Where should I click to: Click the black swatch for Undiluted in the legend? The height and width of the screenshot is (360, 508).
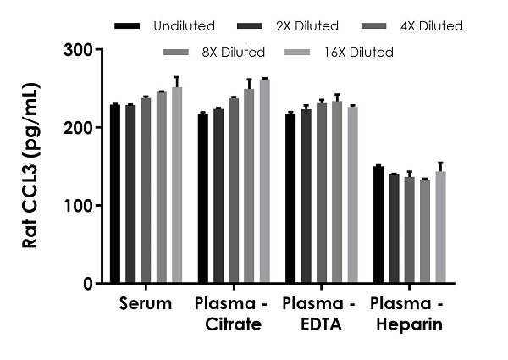(127, 26)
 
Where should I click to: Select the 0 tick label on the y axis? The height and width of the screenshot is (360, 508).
(88, 284)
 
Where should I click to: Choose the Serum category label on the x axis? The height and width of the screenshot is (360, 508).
(146, 303)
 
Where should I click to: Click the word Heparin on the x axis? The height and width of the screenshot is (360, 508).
(409, 324)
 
